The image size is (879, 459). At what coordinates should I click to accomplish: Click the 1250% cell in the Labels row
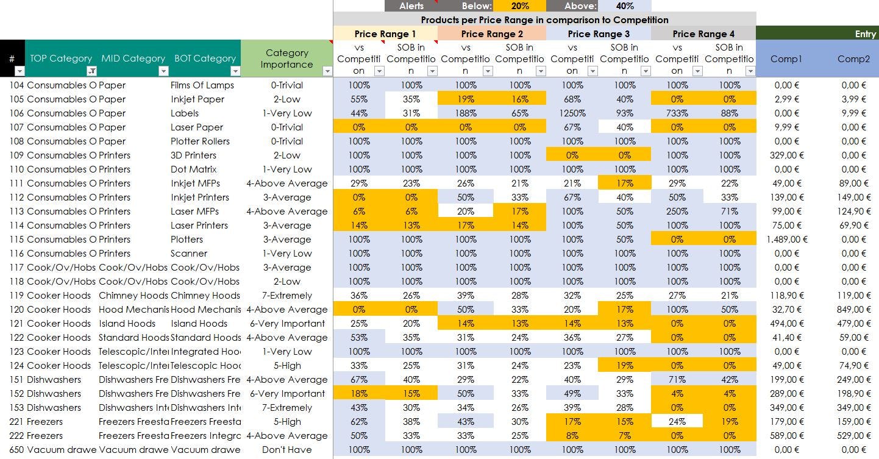572,113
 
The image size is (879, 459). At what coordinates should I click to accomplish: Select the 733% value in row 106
677,113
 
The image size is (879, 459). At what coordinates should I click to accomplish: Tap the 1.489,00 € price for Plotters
786,240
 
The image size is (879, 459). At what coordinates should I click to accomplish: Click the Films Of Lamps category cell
202,85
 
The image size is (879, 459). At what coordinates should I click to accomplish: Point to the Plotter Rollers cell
200,141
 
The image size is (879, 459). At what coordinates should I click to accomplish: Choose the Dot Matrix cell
193,169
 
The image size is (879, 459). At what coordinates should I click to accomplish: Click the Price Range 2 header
492,34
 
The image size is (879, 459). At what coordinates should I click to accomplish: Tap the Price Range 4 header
703,34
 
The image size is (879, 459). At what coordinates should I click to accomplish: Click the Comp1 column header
786,59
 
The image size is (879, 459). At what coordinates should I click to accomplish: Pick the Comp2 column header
853,59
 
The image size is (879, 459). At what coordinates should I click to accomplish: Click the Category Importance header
286,59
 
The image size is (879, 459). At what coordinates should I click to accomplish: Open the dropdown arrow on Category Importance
327,71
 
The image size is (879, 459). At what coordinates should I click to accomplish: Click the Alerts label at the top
411,6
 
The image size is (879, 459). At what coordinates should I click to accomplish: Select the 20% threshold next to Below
519,6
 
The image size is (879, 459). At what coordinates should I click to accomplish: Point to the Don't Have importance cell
286,450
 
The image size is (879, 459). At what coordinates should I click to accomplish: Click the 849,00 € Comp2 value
853,310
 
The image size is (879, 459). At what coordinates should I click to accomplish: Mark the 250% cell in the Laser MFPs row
677,212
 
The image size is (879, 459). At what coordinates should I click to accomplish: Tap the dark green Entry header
817,34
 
